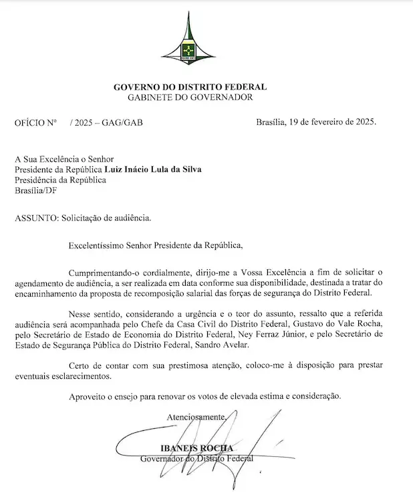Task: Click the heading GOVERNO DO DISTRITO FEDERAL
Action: pyautogui.click(x=190, y=87)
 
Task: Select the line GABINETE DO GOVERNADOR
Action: pyautogui.click(x=190, y=98)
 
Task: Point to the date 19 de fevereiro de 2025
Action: pyautogui.click(x=334, y=123)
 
